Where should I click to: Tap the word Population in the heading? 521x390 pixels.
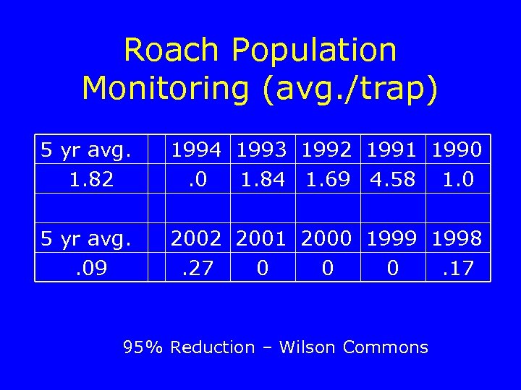point(314,51)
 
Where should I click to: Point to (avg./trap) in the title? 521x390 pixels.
point(350,88)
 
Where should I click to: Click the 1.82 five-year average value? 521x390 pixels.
point(92,179)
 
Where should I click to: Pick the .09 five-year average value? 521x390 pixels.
point(92,269)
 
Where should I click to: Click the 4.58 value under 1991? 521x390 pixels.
point(392,179)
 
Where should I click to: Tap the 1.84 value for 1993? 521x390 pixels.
point(263,179)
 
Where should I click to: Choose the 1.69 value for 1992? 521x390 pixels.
point(328,179)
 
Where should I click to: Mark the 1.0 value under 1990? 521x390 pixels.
point(457,179)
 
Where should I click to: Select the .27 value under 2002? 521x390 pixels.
point(198,269)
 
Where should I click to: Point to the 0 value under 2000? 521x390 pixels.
point(328,269)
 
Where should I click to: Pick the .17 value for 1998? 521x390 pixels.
point(457,269)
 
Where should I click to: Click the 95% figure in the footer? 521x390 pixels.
point(143,347)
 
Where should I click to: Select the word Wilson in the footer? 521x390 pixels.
point(308,347)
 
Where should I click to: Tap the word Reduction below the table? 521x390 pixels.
point(212,347)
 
